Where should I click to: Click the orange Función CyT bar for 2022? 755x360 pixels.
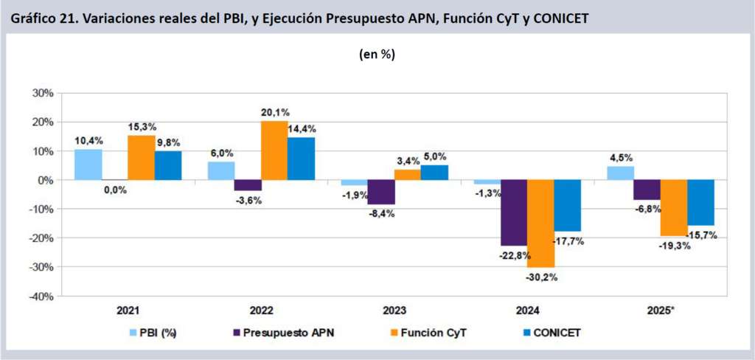click(x=274, y=150)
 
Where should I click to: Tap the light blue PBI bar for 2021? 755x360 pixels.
click(x=88, y=165)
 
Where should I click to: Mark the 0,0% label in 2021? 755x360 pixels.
click(x=115, y=190)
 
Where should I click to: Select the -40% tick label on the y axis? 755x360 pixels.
click(x=41, y=296)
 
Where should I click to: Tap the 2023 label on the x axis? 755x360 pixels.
click(x=394, y=311)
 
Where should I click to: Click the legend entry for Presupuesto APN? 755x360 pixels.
click(x=283, y=333)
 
